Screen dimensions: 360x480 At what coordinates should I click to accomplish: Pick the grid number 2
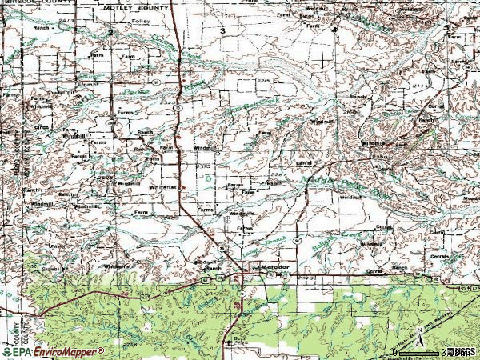pos(110,30)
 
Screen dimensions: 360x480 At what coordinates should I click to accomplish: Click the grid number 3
pos(223,30)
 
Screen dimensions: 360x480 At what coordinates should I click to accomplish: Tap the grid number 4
pos(334,29)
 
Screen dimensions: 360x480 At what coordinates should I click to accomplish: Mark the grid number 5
pos(445,28)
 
